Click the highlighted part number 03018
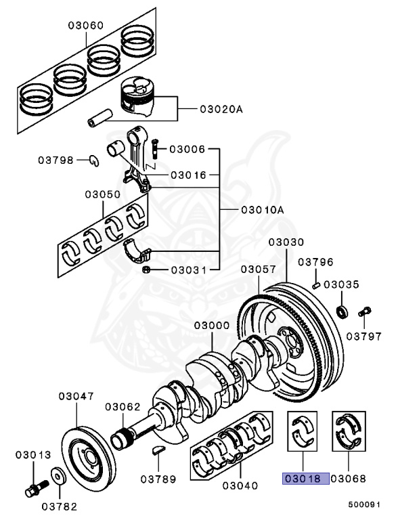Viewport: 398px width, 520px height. pyautogui.click(x=305, y=479)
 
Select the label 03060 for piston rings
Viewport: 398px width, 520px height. pyautogui.click(x=85, y=26)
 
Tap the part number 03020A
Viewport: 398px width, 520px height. pyautogui.click(x=220, y=108)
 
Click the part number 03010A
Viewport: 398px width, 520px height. pyautogui.click(x=262, y=210)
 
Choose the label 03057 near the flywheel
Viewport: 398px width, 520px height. pyautogui.click(x=257, y=269)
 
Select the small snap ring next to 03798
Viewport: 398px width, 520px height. pyautogui.click(x=95, y=160)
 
